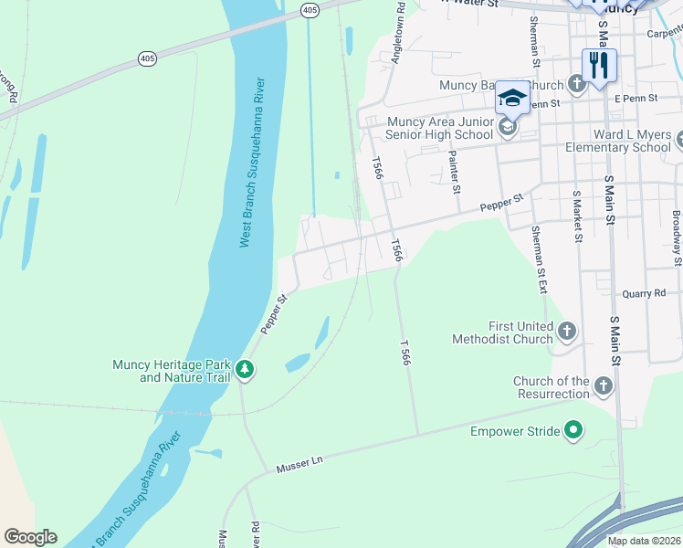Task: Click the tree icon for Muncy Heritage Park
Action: coord(244,370)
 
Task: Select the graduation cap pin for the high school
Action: coord(512,99)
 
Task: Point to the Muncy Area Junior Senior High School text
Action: coord(440,128)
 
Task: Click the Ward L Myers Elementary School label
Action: coord(617,140)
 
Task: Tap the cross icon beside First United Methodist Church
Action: coord(567,332)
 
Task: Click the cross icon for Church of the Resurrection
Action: coord(603,386)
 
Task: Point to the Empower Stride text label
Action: coord(514,431)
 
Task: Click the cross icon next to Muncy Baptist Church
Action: coord(576,85)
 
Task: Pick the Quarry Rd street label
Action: coord(645,293)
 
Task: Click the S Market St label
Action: coord(577,217)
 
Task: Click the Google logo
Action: coord(30,536)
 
